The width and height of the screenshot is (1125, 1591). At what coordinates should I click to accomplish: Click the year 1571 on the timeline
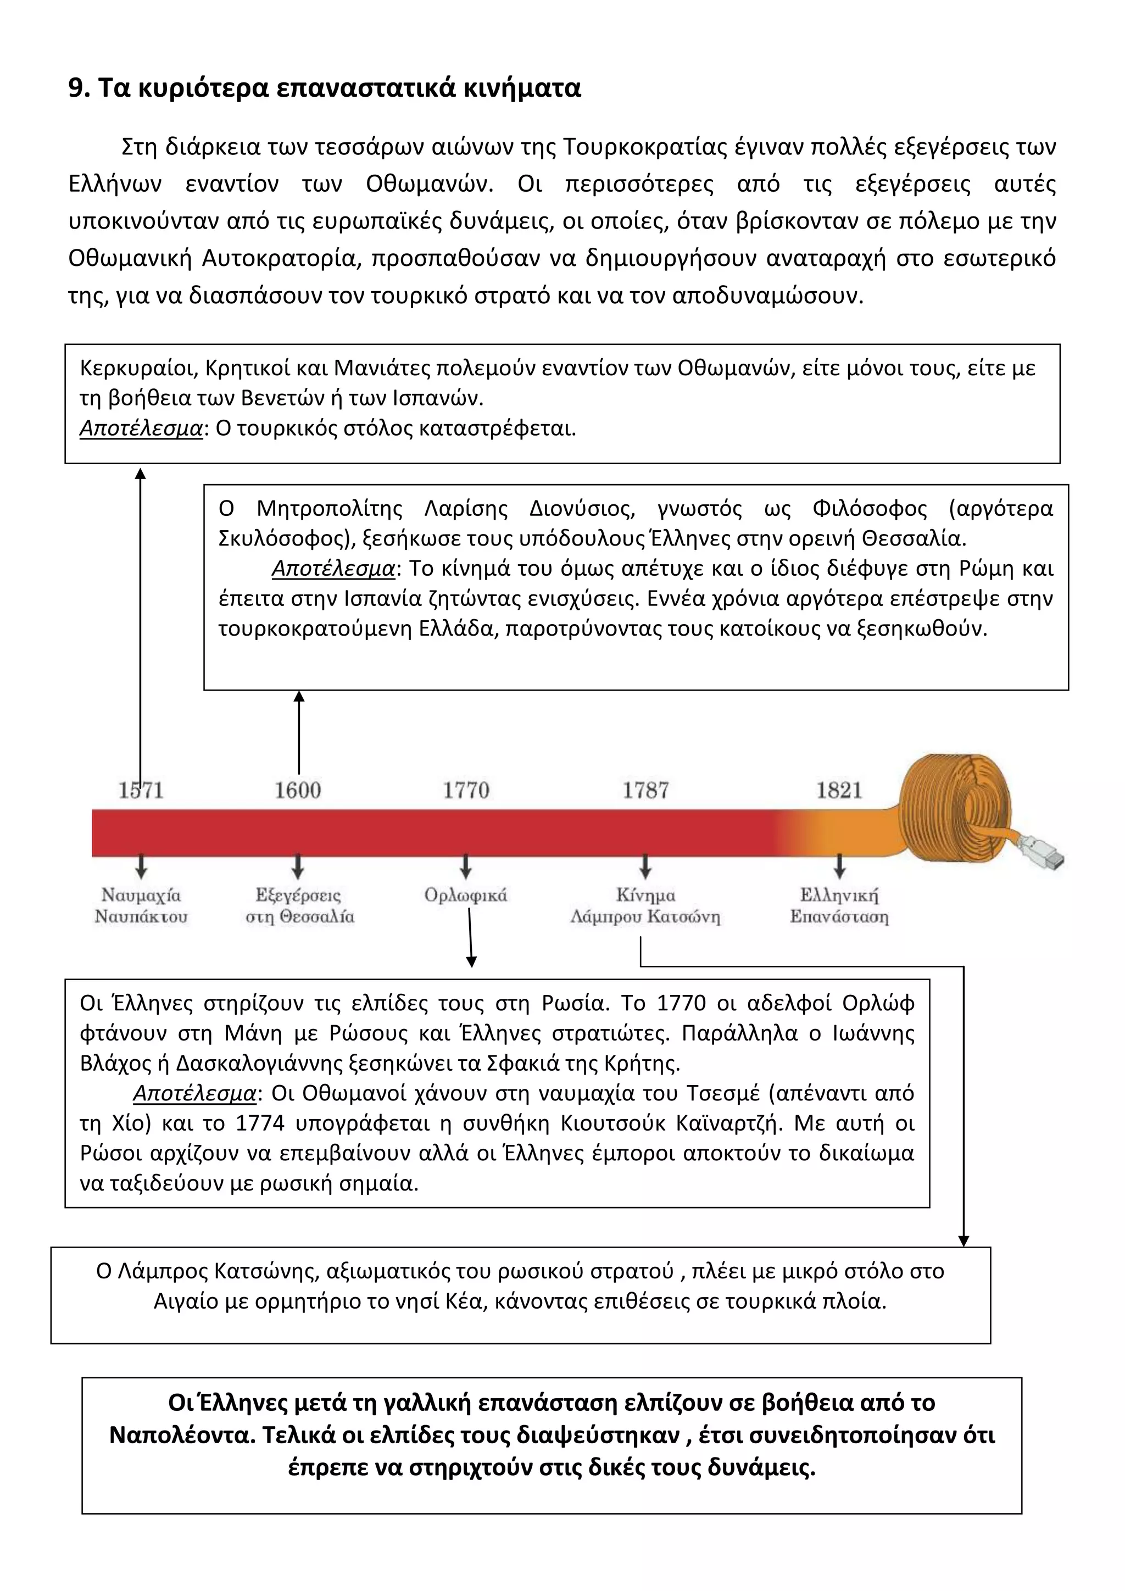tap(141, 790)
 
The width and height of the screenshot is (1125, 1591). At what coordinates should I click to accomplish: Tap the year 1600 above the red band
tap(298, 790)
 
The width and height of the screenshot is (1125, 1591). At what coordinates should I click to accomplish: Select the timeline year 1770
tap(466, 790)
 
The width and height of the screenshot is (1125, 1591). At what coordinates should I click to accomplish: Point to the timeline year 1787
tap(645, 790)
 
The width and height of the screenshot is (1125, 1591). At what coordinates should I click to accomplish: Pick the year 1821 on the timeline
tap(839, 790)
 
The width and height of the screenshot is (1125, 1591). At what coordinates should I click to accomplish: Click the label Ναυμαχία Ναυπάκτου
tap(141, 906)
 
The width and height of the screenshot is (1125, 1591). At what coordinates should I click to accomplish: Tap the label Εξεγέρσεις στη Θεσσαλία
tap(299, 906)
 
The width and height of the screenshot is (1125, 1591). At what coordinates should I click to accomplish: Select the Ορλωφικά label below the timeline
tap(465, 895)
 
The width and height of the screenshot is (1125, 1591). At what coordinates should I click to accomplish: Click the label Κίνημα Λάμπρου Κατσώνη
tap(645, 906)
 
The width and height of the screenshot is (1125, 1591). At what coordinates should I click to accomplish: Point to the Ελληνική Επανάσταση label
tap(839, 906)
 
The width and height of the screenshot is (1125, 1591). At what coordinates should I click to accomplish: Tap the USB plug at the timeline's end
tap(1043, 854)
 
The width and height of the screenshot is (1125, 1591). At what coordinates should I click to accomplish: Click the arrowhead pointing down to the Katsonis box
tap(963, 1241)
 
